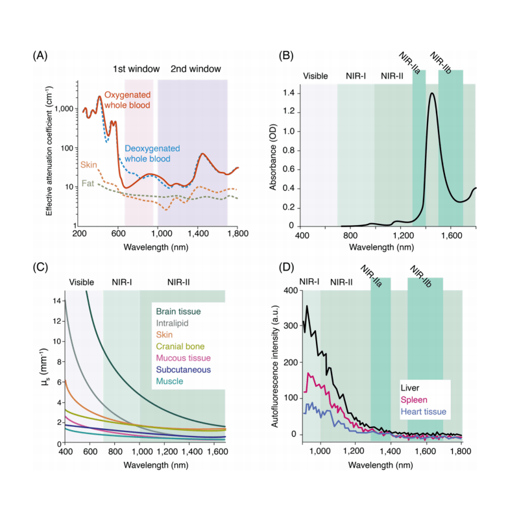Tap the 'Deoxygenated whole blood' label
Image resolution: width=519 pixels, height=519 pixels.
coord(148,153)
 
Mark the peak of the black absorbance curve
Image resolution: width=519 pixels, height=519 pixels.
coord(431,93)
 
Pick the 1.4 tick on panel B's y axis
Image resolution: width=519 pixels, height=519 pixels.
coord(288,93)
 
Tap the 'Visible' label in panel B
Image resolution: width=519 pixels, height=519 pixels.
coord(316,76)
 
